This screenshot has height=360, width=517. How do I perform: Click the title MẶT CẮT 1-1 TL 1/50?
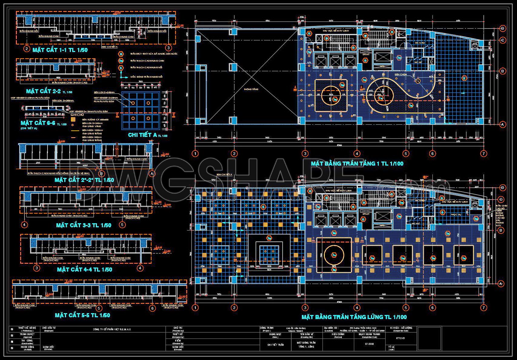coord(60,50)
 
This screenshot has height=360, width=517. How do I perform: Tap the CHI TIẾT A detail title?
coord(148,135)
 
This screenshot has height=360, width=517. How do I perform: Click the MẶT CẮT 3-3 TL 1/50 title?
coord(84,225)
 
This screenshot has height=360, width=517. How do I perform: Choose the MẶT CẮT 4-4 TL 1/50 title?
coord(85,270)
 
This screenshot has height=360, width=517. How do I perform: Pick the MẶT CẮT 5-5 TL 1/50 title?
coord(82,315)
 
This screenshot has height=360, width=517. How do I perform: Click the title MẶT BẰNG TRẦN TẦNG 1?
coord(357,163)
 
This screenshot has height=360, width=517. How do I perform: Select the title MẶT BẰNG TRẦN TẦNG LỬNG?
coord(354,317)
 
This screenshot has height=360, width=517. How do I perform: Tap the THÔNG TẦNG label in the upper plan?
coord(251,89)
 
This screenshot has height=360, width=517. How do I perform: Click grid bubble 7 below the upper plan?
coord(484,154)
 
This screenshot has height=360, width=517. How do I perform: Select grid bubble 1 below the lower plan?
coord(195,308)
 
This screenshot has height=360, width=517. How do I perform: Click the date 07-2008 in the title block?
coord(370,344)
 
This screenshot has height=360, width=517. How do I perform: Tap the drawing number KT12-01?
coord(400,338)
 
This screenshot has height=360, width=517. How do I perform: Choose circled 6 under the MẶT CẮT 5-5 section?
coord(152,308)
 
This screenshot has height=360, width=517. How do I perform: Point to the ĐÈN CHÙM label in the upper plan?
coord(401,74)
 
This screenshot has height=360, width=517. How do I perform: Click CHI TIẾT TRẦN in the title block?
coord(275,345)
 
